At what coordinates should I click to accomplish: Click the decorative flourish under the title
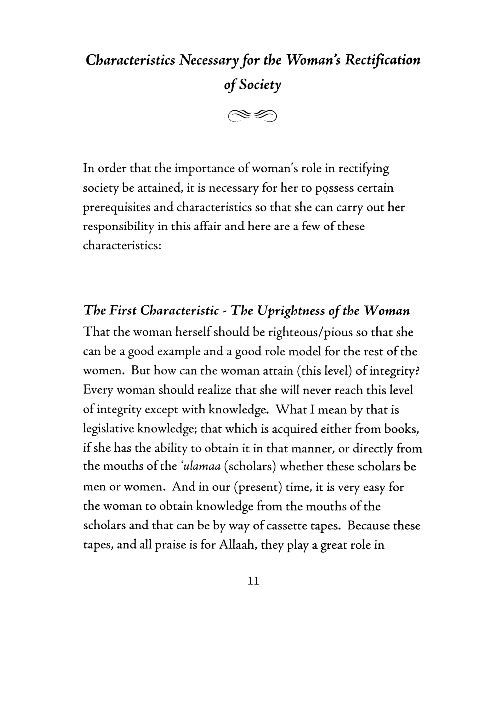[252, 116]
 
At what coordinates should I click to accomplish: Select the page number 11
[253, 581]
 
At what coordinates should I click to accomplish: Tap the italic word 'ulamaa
[201, 466]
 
